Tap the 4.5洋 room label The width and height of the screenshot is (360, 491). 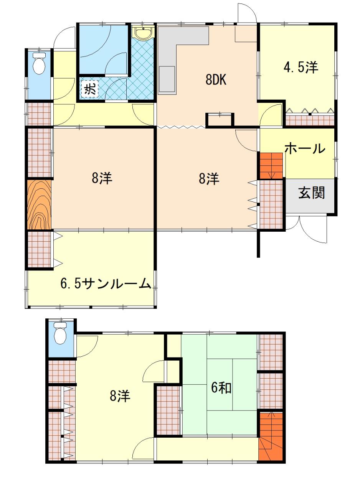301,67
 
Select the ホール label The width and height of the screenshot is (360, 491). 305,148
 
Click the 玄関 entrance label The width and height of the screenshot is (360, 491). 311,193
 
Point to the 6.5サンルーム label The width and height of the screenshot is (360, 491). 106,284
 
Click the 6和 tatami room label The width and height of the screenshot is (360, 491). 221,388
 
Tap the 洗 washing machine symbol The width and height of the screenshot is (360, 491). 90,89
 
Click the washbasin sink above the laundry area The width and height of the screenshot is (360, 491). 143,33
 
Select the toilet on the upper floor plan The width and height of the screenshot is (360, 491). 39,64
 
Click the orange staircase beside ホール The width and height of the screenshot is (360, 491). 271,166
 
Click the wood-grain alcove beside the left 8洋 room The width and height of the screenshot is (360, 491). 39,205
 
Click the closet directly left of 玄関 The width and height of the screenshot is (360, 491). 271,204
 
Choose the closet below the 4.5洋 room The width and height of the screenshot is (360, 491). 310,120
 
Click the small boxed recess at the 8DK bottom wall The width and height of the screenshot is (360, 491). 220,120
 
